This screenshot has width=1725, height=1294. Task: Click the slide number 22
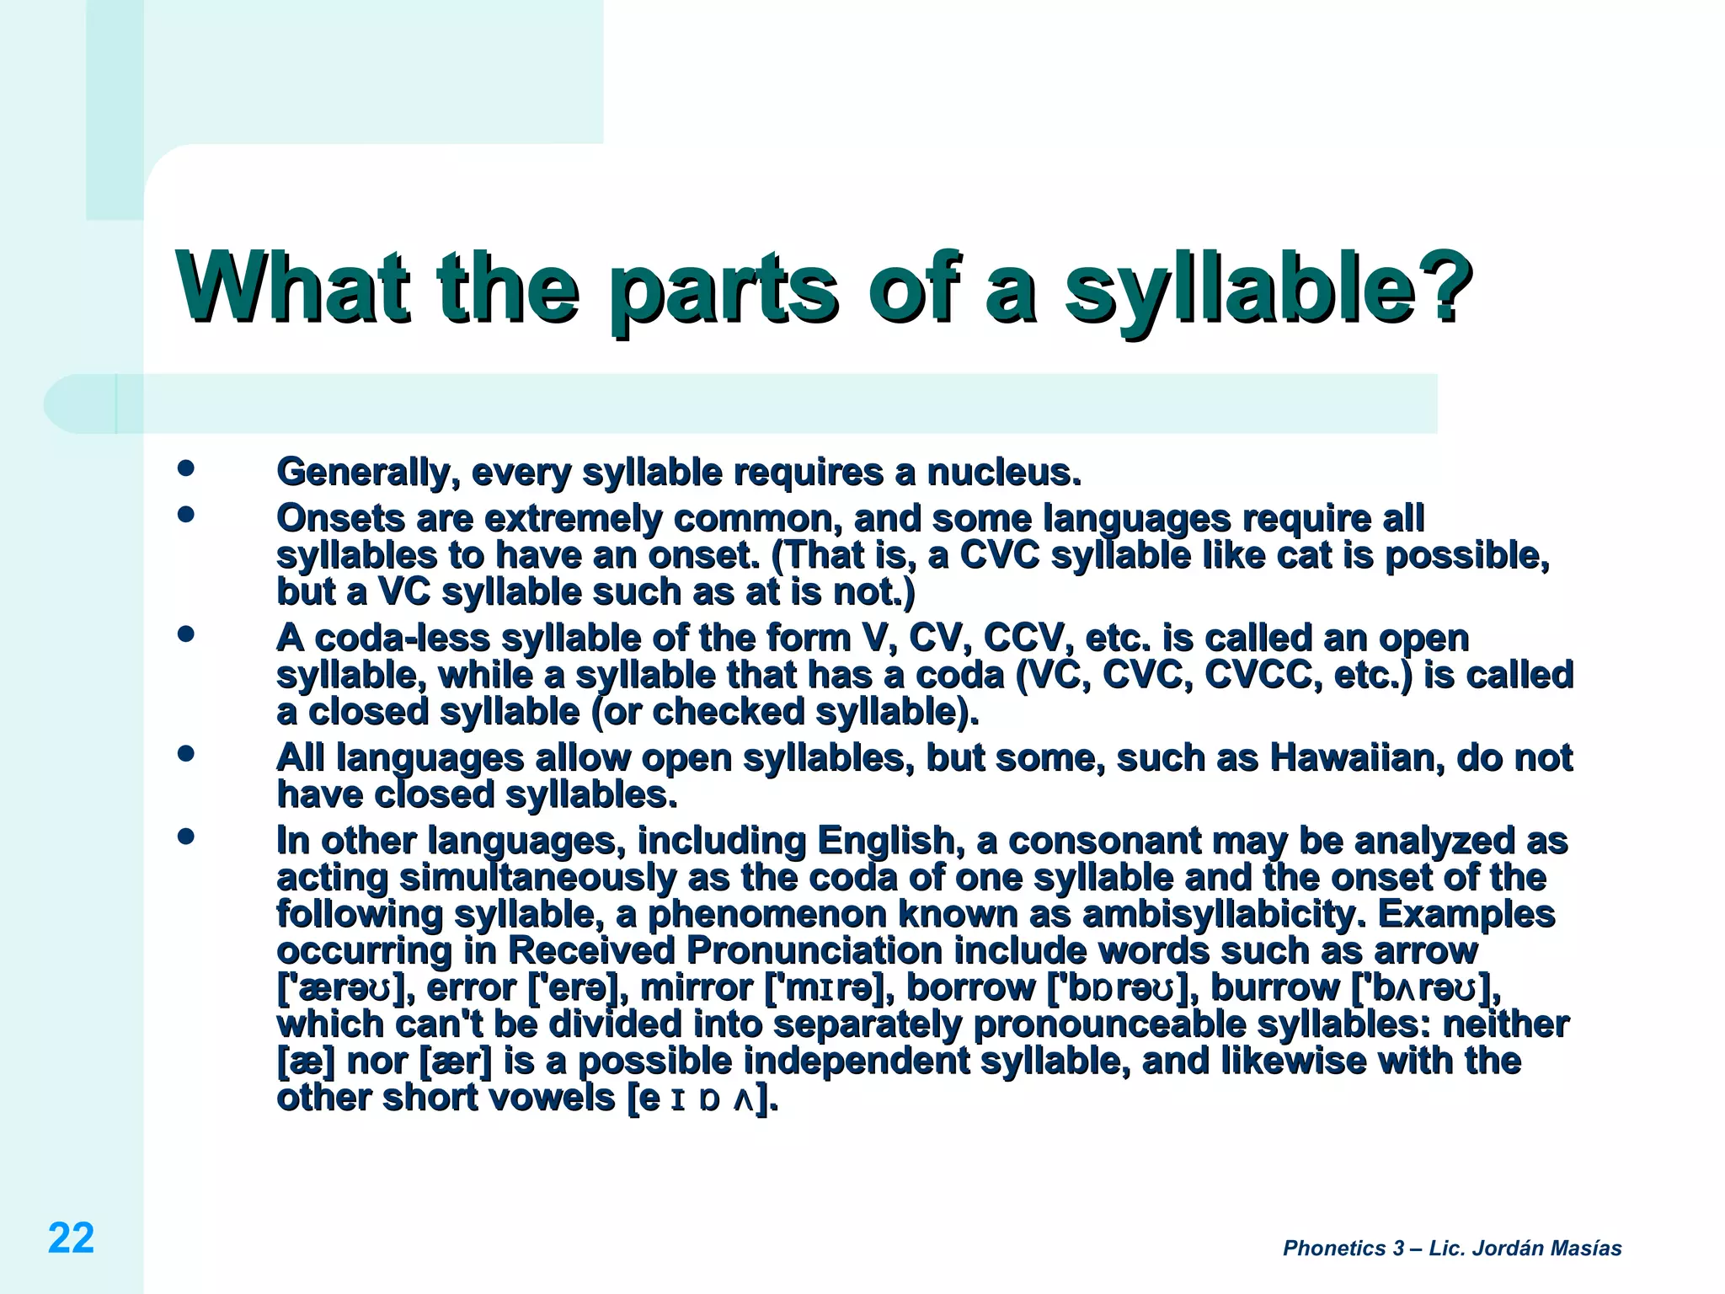(71, 1238)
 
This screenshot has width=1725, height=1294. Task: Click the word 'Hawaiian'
(1356, 757)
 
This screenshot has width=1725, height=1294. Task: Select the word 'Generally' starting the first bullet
(367, 473)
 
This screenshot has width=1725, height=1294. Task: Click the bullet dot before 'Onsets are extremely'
(186, 514)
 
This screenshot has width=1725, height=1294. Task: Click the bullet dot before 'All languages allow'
(186, 753)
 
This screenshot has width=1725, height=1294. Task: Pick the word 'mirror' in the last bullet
(697, 987)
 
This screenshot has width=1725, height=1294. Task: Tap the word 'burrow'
(1274, 987)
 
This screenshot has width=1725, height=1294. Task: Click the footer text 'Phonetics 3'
(1343, 1249)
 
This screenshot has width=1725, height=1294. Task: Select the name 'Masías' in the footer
(1584, 1249)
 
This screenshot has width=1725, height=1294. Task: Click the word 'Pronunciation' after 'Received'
(814, 951)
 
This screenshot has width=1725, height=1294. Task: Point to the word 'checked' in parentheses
(729, 712)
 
